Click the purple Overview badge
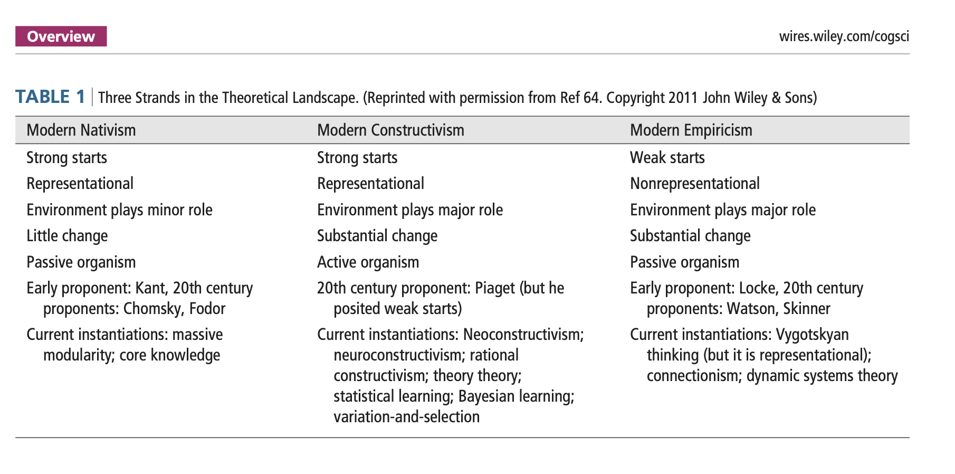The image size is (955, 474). pos(61,36)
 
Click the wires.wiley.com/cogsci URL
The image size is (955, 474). pos(844,36)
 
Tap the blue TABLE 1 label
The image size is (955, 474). pos(50,97)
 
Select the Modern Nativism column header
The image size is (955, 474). pos(81,130)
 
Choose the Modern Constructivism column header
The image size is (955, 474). pos(390,130)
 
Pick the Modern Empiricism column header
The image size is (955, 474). pos(691,130)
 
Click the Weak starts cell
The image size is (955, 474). pos(667,158)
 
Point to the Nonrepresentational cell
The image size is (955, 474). pos(694,184)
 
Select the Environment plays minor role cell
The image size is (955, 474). pos(119,210)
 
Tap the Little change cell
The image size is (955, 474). pos(67,236)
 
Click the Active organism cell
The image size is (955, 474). pos(368,262)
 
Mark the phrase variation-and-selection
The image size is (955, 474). pos(406,417)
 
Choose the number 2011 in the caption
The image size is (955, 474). pos(683,98)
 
